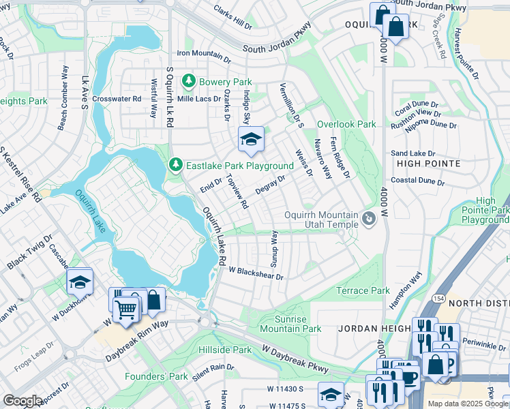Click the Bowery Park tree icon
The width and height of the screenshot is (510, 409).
(189, 82)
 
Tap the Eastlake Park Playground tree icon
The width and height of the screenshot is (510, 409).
(176, 166)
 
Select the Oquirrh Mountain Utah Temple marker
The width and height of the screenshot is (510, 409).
(369, 219)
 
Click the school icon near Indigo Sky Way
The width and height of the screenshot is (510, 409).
(251, 140)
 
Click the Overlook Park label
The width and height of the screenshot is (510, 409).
(346, 125)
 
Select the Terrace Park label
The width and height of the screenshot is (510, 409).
(363, 291)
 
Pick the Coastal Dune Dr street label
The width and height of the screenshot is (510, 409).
(417, 183)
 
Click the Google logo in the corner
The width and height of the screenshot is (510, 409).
(22, 401)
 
